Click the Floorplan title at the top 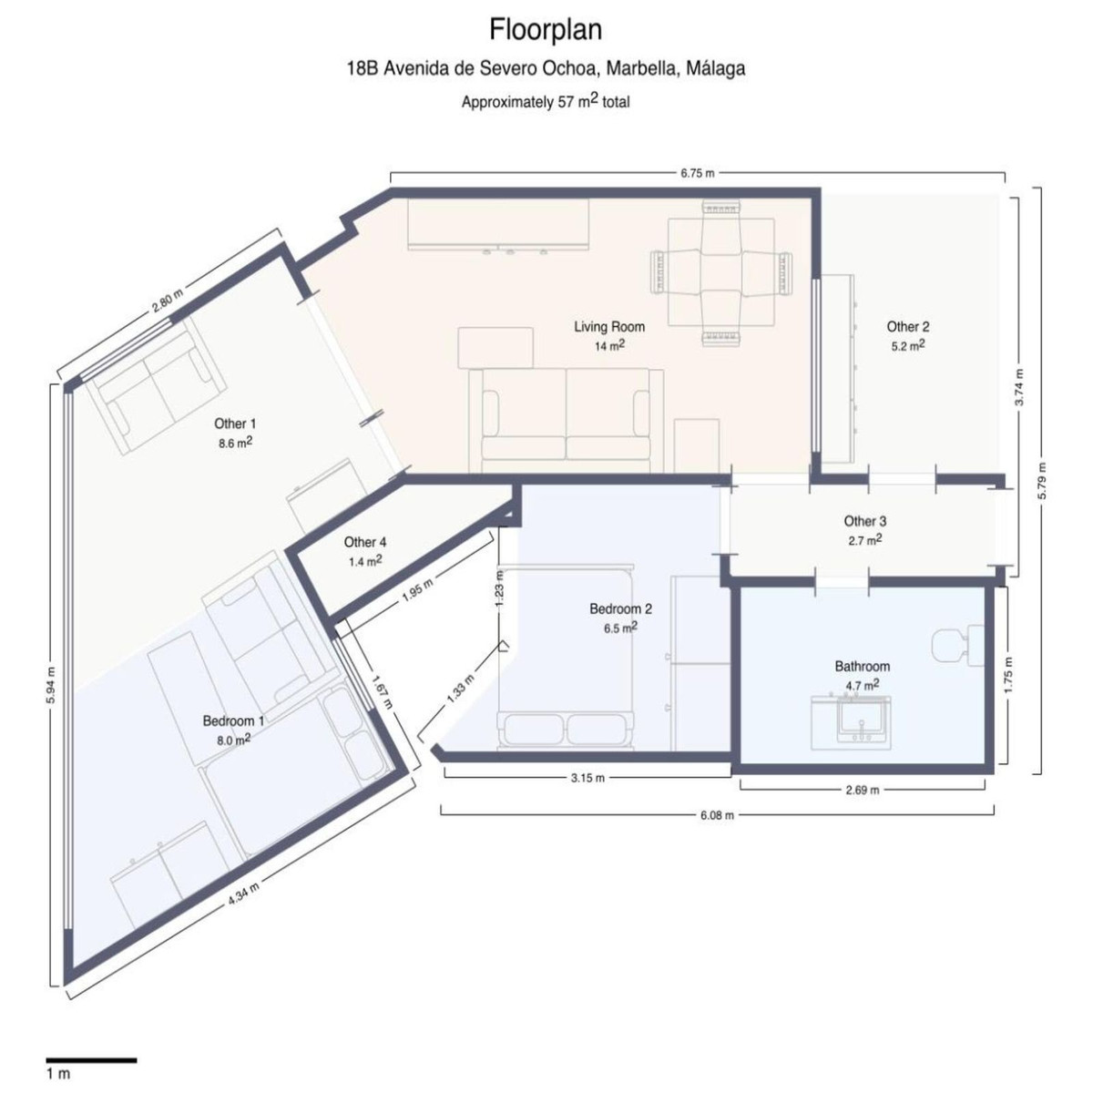click(546, 29)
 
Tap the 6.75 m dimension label click(697, 173)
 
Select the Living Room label click(609, 327)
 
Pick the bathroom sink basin click(862, 718)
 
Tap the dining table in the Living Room click(721, 272)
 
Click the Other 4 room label click(365, 542)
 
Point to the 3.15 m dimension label click(587, 778)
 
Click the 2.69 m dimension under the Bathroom click(863, 790)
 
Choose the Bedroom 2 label click(620, 609)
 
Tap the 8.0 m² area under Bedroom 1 click(234, 740)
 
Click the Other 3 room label click(865, 521)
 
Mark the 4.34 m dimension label click(244, 894)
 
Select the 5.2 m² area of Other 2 click(908, 345)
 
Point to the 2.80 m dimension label click(168, 300)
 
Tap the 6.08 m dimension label click(717, 815)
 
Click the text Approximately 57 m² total click(546, 101)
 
